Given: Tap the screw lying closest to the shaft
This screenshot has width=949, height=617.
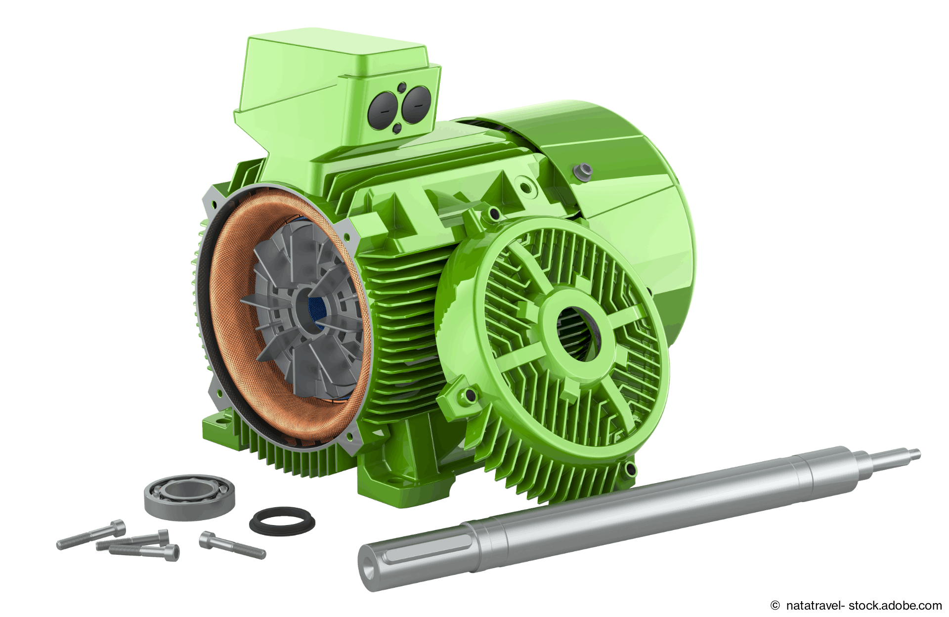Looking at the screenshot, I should [x=231, y=544].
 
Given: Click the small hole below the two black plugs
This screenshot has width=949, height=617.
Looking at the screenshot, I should [x=396, y=129].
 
